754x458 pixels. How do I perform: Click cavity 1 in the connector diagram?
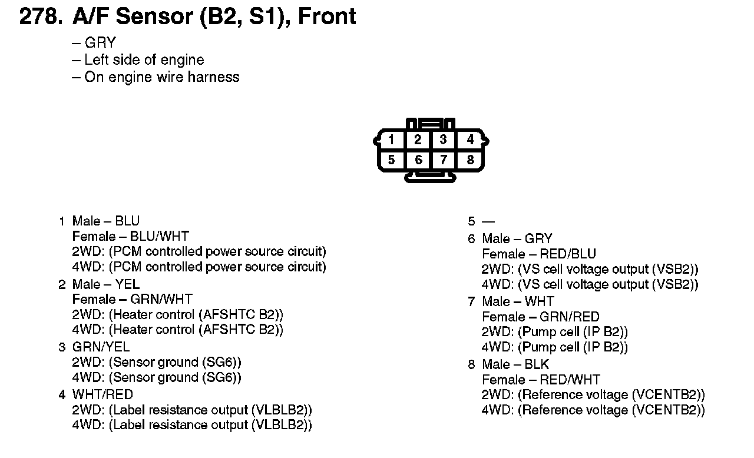(392, 140)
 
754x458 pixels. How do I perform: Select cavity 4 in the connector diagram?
(470, 140)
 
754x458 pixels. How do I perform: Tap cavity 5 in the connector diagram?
(392, 160)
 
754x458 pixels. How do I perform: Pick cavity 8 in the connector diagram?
(470, 160)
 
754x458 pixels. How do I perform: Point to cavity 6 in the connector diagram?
(418, 160)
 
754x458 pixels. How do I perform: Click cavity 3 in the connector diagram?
(443, 140)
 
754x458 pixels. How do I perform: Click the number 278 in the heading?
(39, 16)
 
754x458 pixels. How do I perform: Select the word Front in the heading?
(327, 16)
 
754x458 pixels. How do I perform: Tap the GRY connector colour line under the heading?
(100, 43)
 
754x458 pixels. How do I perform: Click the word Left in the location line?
(97, 60)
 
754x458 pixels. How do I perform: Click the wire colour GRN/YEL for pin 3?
(101, 347)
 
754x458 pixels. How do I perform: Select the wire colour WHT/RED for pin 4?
(102, 394)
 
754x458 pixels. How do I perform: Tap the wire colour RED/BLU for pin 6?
(568, 254)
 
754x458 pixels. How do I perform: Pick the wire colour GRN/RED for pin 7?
(570, 317)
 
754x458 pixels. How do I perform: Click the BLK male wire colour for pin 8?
(537, 364)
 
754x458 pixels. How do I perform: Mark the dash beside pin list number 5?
(488, 222)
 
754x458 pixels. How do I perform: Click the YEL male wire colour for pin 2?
(127, 285)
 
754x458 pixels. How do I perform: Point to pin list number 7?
(471, 302)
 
